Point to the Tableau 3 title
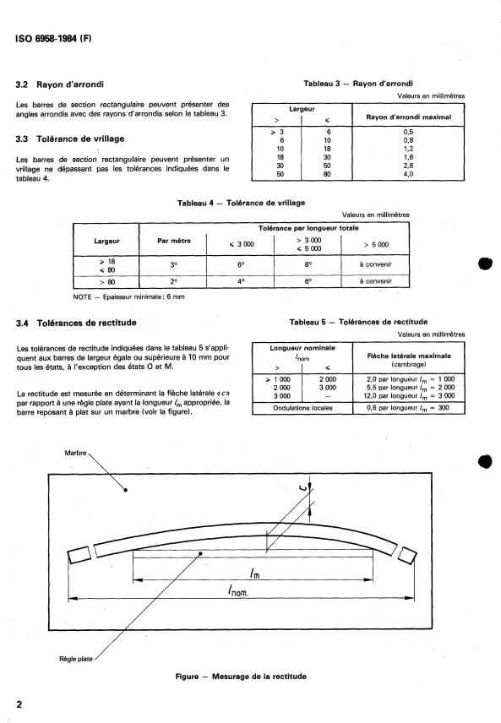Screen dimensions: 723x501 (358, 84)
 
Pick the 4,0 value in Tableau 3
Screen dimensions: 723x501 (407, 174)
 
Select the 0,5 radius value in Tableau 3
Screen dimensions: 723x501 (407, 132)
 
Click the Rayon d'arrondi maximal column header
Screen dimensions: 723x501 (407, 117)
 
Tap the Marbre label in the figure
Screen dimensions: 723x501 (77, 453)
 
